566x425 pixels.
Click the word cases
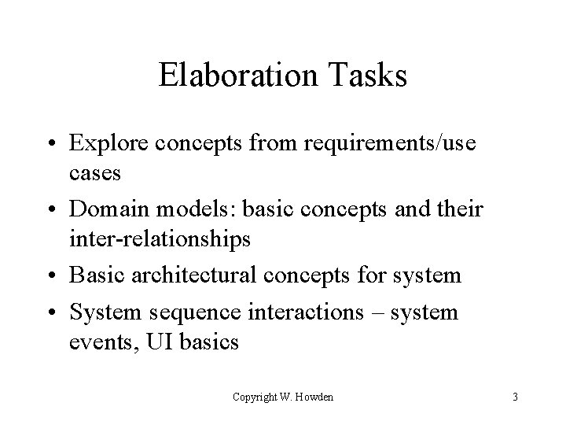[95, 172]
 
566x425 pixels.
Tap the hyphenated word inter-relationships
[160, 237]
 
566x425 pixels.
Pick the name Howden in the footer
[315, 397]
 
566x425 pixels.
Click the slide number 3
[514, 397]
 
